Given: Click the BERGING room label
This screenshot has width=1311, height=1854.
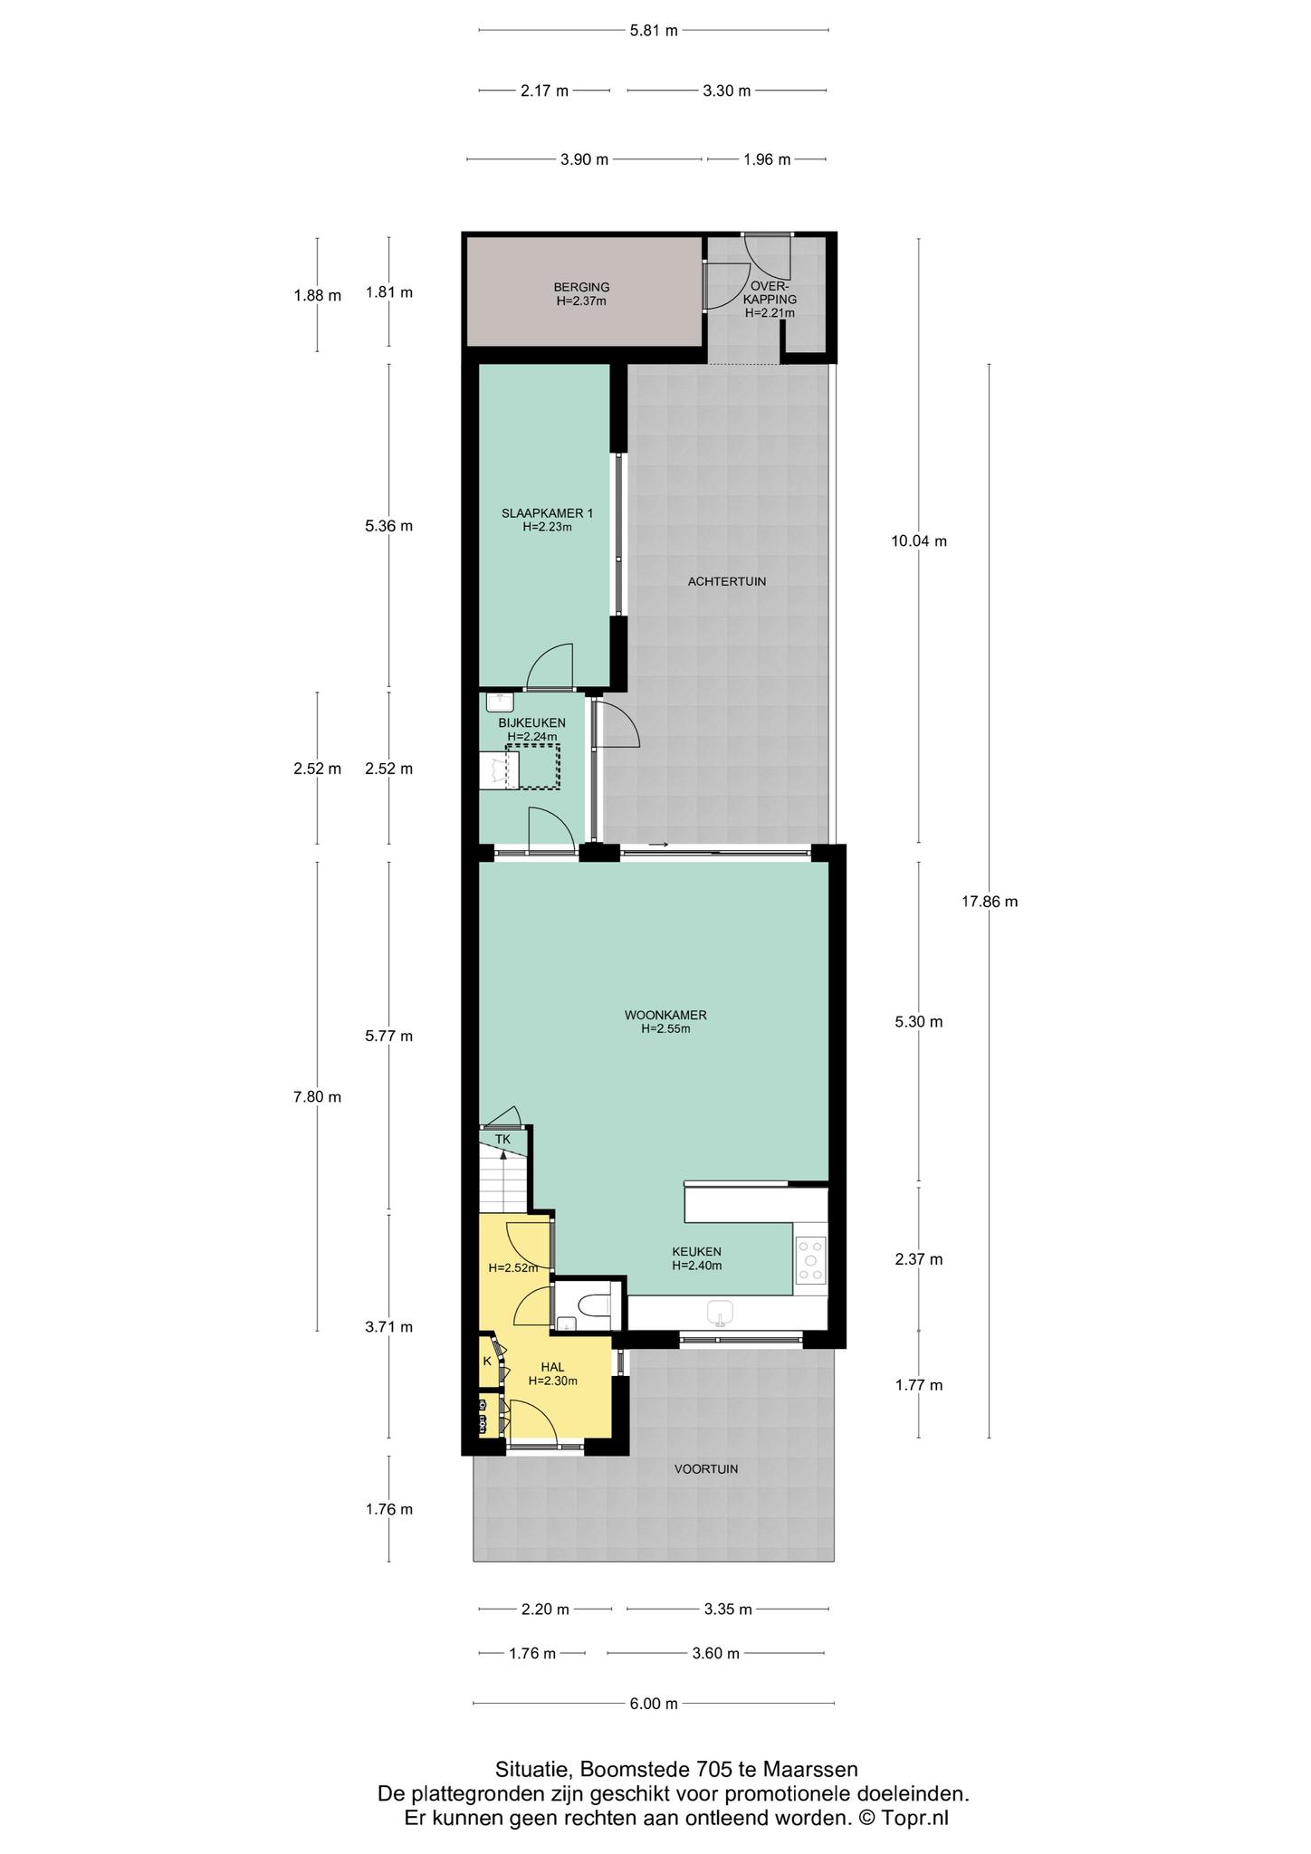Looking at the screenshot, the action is pyautogui.click(x=581, y=288).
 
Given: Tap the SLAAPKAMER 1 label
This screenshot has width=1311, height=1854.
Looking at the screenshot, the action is pyautogui.click(x=548, y=513).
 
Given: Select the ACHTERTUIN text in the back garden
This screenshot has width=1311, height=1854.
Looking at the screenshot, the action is pyautogui.click(x=727, y=581).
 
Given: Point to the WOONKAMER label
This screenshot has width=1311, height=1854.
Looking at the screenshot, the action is pyautogui.click(x=665, y=1015).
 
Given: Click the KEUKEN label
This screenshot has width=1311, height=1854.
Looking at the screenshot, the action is pyautogui.click(x=696, y=1252).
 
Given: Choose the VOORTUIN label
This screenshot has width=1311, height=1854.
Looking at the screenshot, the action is pyautogui.click(x=706, y=1468).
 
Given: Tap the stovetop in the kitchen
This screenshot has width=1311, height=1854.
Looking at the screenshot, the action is pyautogui.click(x=811, y=1260).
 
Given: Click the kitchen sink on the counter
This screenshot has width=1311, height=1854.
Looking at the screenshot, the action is pyautogui.click(x=721, y=1310).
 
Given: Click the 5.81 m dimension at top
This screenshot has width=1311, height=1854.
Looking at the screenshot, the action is pyautogui.click(x=654, y=31).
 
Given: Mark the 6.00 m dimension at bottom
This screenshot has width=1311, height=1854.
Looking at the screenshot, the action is pyautogui.click(x=654, y=1704).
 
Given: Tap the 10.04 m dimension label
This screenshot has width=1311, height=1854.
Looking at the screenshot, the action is pyautogui.click(x=919, y=541).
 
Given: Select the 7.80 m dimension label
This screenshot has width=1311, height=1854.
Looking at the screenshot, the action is pyautogui.click(x=317, y=1097).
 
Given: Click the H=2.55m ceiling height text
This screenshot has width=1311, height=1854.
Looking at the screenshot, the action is pyautogui.click(x=665, y=1028).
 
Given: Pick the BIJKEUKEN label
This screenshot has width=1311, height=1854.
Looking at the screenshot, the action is pyautogui.click(x=532, y=722).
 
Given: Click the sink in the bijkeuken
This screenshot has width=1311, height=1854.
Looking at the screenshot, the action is pyautogui.click(x=500, y=701).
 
